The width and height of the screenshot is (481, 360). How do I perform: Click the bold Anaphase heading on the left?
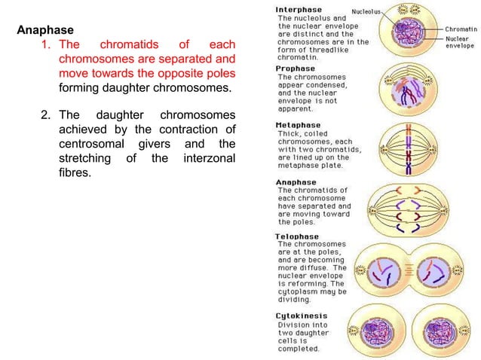pyautogui.click(x=45, y=31)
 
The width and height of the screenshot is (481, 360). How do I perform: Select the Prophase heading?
pyautogui.click(x=296, y=69)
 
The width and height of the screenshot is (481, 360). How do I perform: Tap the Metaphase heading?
pyautogui.click(x=298, y=125)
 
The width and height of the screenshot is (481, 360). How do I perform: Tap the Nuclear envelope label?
pyautogui.click(x=459, y=42)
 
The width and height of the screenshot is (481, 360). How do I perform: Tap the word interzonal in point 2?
pyautogui.click(x=209, y=158)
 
